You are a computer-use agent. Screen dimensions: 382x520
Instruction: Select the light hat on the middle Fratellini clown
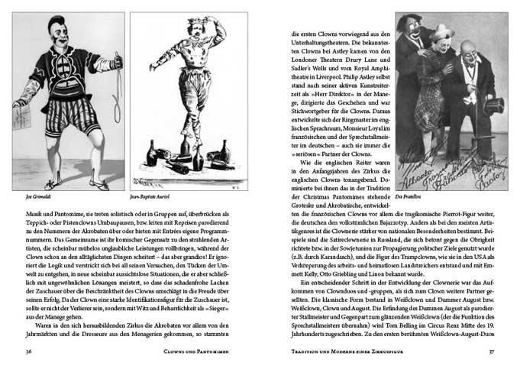tap(441, 34)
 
